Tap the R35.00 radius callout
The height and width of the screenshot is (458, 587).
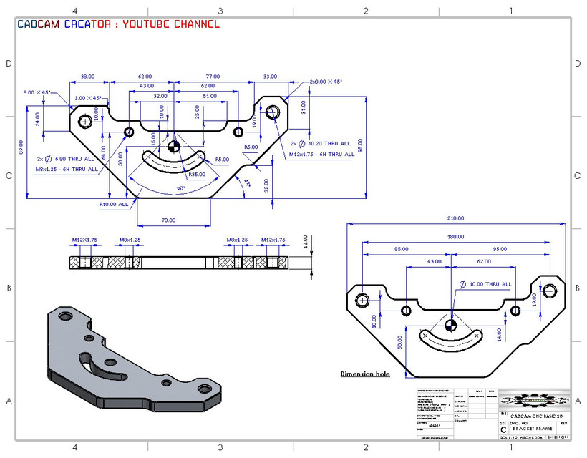[197, 174]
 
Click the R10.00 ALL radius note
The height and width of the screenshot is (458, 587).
[114, 204]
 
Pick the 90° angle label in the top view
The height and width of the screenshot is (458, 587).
[181, 188]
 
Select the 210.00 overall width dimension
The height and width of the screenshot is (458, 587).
[455, 218]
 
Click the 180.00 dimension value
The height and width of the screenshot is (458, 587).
[455, 237]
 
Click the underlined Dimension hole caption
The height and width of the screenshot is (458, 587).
[365, 374]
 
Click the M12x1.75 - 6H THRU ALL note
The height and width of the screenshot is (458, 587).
[321, 154]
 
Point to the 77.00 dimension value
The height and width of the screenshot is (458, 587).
[213, 76]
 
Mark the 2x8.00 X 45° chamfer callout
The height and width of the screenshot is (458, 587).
[326, 82]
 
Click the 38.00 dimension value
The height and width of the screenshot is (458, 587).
[87, 76]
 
